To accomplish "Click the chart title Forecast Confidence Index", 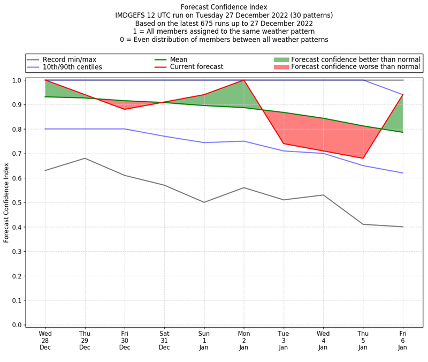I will (224, 7).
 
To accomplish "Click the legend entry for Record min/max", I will (70, 59).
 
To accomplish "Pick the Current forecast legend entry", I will (196, 67).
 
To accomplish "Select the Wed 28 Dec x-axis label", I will (45, 340).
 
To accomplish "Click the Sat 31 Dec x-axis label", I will (164, 340).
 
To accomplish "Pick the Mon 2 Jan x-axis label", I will (244, 340).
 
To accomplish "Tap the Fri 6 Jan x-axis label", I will (403, 340).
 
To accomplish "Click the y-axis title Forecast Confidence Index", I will (6, 202).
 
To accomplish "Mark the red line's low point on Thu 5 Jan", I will (363, 158).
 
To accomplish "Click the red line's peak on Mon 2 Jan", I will (244, 80).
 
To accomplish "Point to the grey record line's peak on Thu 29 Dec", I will (85, 158).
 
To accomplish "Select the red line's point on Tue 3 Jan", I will (284, 144).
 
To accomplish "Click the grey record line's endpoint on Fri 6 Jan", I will (403, 227).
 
